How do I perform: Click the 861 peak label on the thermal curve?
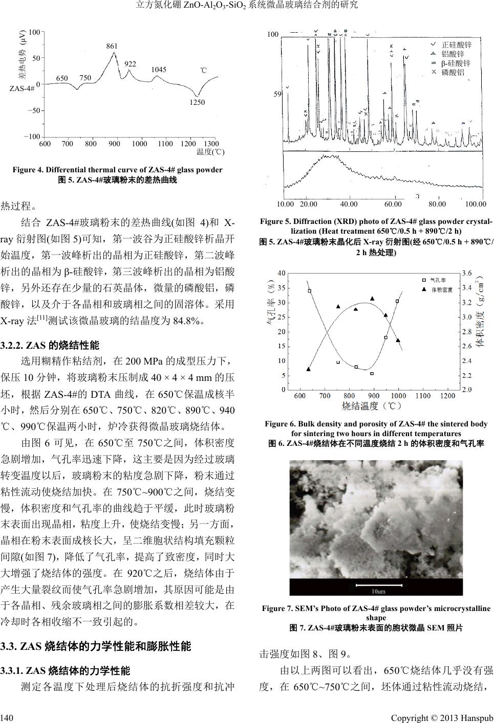coord(112,47)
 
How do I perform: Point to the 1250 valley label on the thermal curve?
coord(197,102)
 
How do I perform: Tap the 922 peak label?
coord(130,64)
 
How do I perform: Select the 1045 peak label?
coord(159,70)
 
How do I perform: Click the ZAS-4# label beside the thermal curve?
coord(22,89)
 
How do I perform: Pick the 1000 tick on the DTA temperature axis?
coord(139,144)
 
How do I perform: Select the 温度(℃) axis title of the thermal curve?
coord(211,152)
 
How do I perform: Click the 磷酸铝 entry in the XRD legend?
coord(453,72)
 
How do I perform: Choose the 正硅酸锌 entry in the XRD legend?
coord(456,45)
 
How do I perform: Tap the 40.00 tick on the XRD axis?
coord(349,204)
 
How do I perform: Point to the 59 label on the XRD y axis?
coord(277,95)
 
